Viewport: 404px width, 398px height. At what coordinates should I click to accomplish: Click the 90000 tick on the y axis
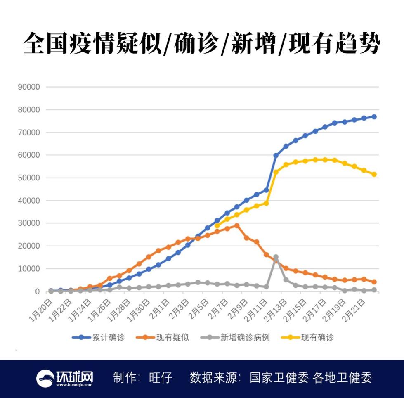28,87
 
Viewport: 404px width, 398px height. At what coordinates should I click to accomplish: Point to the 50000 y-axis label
28,178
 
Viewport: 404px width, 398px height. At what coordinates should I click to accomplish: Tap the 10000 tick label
28,269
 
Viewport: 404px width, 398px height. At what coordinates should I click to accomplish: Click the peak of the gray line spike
276,257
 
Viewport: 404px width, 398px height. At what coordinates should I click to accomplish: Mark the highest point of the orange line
236,225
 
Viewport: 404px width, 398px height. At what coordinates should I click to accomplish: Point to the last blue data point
374,117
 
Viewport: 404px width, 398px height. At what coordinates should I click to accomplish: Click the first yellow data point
217,225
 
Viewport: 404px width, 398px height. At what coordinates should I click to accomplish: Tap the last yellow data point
374,174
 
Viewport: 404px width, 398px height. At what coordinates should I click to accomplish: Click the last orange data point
374,282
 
